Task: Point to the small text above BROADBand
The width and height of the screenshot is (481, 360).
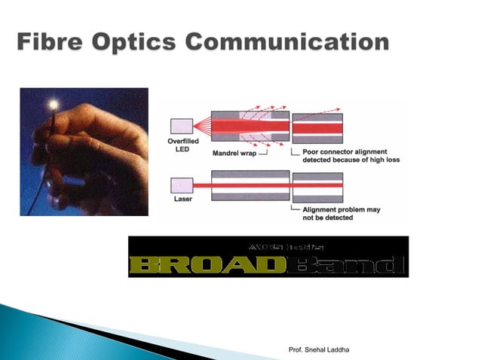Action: coord(268,246)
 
